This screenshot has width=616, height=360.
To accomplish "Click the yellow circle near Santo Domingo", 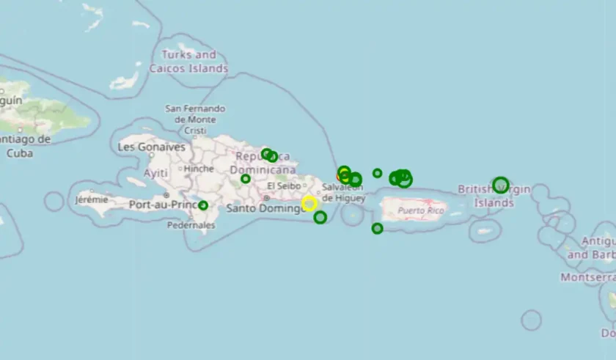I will pyautogui.click(x=309, y=203).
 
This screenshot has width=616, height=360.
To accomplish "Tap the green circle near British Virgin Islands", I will pyautogui.click(x=501, y=184).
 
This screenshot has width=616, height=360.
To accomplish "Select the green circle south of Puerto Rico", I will pyautogui.click(x=377, y=228).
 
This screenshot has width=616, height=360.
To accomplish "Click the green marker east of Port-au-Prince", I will pyautogui.click(x=203, y=205).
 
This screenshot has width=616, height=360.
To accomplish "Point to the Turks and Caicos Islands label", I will pyautogui.click(x=188, y=62).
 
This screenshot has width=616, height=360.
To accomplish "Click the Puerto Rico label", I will pyautogui.click(x=421, y=211).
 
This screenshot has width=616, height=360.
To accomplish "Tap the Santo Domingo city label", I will pyautogui.click(x=265, y=208).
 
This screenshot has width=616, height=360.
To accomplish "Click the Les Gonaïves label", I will pyautogui.click(x=152, y=147).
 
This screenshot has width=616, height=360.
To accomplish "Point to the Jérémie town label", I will pyautogui.click(x=92, y=199).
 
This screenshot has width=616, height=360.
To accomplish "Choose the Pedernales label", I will pyautogui.click(x=191, y=225).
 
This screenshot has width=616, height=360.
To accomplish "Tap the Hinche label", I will pyautogui.click(x=199, y=169).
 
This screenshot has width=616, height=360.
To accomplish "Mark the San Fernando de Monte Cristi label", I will pyautogui.click(x=195, y=120).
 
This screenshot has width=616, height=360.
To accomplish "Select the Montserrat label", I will pyautogui.click(x=587, y=277).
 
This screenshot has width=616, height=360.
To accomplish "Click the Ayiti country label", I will pyautogui.click(x=155, y=173).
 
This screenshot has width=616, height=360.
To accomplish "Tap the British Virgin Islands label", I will pyautogui.click(x=494, y=196).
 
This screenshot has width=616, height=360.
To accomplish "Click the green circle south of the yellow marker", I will pyautogui.click(x=320, y=217).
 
